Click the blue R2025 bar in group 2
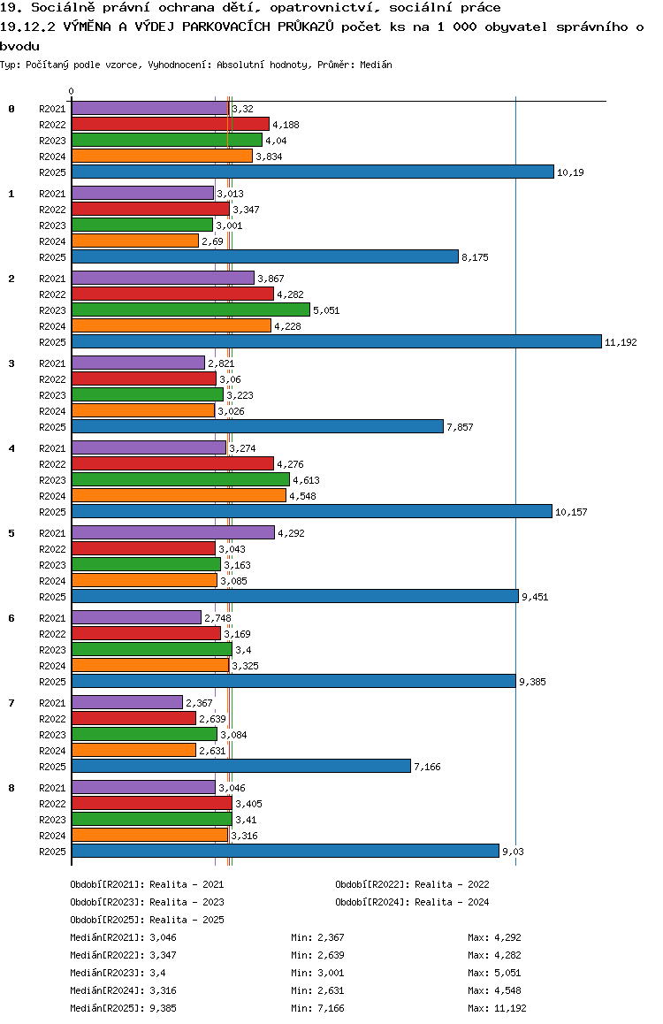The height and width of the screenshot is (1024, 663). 336,341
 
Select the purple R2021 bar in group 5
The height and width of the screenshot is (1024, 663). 172,532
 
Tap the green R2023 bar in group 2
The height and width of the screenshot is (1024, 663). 190,309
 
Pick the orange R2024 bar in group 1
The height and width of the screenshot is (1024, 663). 134,241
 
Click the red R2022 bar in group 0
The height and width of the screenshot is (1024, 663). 170,124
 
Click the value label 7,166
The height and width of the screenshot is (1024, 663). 427,767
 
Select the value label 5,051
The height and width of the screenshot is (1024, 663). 326,310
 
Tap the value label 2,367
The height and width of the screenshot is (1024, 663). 199,703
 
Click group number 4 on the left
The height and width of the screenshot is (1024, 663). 11,448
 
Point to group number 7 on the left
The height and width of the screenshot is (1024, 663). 11,703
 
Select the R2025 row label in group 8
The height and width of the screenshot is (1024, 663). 53,852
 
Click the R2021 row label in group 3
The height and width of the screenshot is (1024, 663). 53,363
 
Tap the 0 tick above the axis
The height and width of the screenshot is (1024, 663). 72,92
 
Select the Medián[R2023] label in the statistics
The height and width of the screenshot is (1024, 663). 108,973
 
